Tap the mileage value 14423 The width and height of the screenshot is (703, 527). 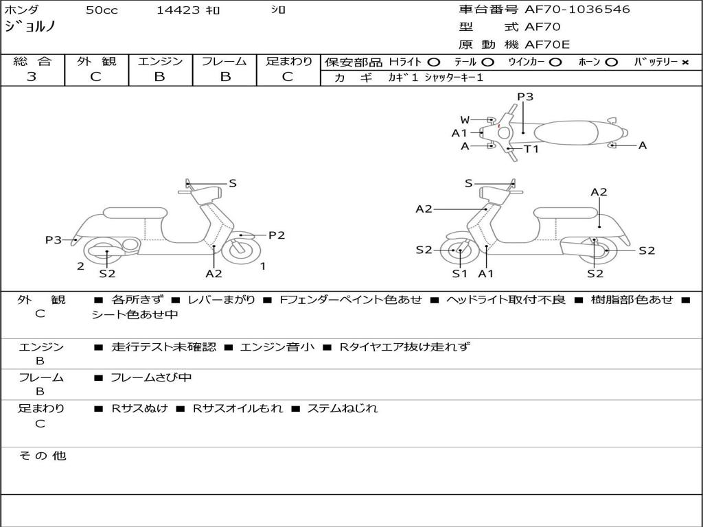pos(178,10)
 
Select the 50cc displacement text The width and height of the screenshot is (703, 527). pos(100,10)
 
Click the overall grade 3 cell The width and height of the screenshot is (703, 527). pos(32,77)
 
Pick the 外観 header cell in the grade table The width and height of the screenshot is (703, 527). pos(96,62)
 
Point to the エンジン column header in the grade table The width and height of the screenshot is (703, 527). pos(160,62)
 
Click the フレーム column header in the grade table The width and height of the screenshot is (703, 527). pos(224,62)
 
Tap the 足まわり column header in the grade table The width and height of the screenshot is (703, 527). pos(288,62)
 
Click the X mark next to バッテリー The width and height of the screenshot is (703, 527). pos(684,62)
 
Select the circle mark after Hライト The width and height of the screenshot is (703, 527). pos(434,62)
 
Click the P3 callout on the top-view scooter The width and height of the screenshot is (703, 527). pos(525,97)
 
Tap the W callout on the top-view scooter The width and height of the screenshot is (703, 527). pos(465,120)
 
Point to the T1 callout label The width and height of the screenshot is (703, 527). pos(531,149)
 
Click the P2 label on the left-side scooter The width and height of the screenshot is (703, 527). pos(276,235)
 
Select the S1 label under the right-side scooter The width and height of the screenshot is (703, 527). pos(459,274)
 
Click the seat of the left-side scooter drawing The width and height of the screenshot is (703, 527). pos(135,213)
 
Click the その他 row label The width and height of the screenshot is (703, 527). pos(42,456)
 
